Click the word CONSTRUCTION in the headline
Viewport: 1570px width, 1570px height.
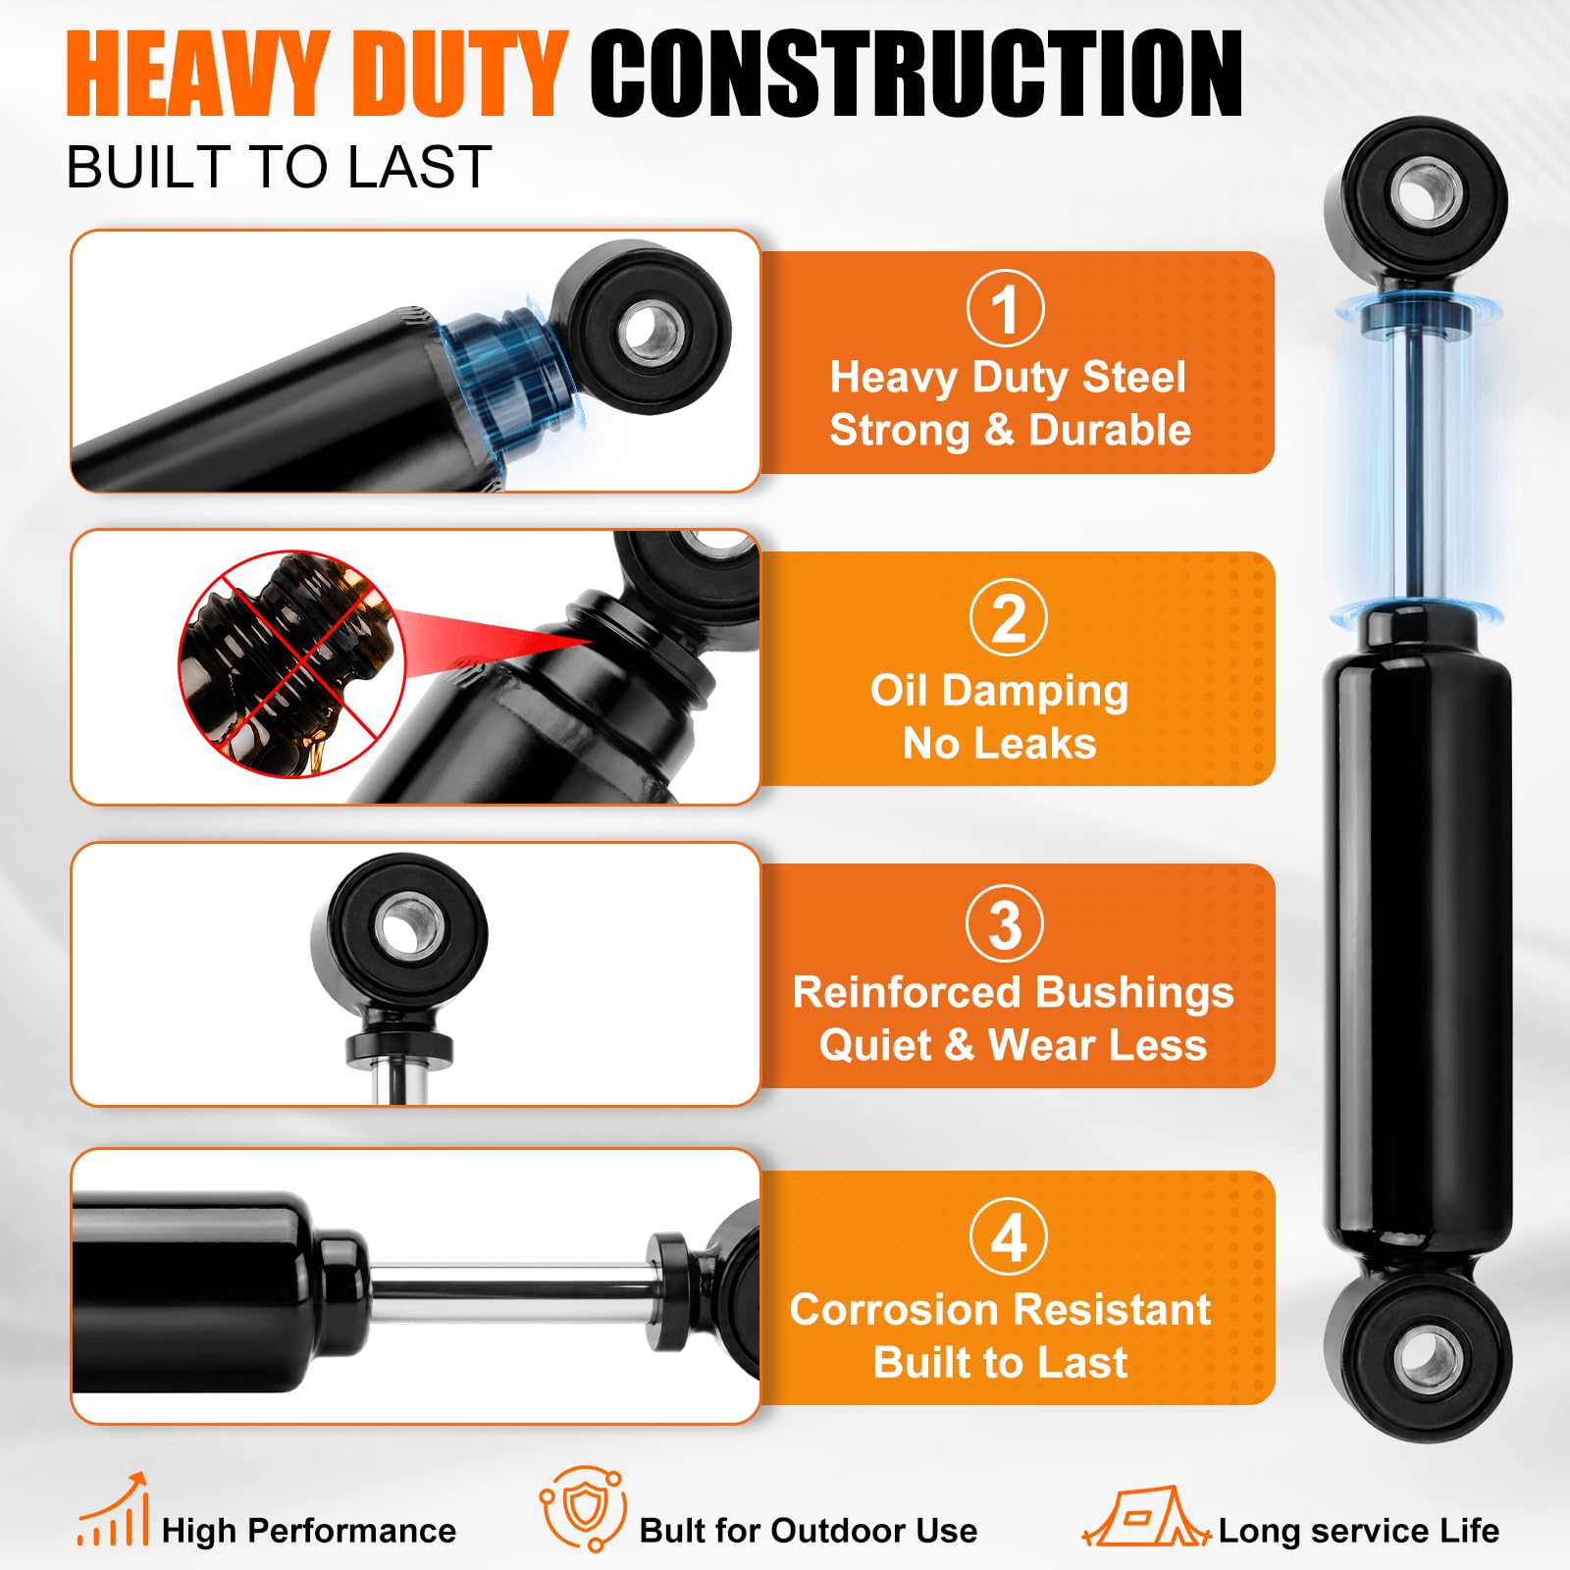916,74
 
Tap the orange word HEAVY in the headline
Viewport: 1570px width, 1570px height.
195,74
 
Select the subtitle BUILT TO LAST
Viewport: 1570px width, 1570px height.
279,167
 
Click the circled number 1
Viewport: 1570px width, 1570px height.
1006,308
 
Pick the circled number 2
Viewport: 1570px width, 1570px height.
1009,618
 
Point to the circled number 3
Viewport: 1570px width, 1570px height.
1005,923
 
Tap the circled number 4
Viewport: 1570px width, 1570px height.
1009,1236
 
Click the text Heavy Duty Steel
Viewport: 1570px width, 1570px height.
1008,378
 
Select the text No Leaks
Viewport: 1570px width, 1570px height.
1000,744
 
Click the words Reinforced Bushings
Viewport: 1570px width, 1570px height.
1013,993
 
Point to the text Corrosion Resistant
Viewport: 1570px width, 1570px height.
1001,1309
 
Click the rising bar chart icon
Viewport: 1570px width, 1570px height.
113,1510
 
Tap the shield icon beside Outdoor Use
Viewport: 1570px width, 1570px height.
583,1508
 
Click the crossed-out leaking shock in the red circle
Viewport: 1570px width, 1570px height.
292,663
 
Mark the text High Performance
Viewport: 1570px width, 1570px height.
309,1531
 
